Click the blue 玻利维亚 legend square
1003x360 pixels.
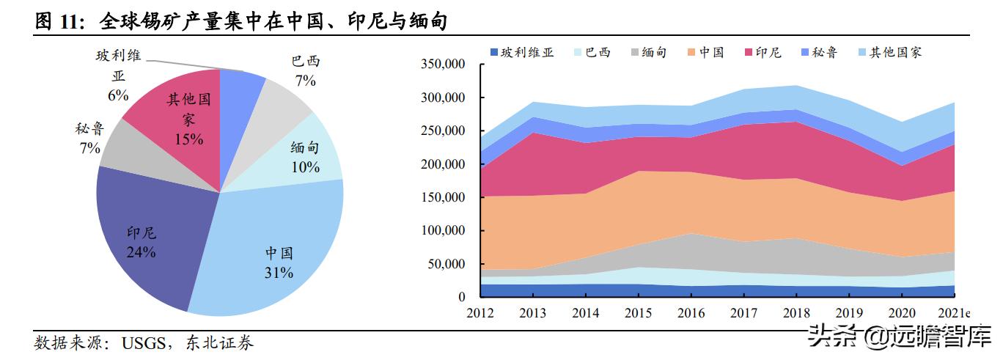[495, 52]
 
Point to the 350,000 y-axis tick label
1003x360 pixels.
[443, 65]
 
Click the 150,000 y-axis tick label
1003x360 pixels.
[443, 197]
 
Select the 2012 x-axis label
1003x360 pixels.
[480, 313]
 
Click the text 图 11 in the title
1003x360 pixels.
[56, 23]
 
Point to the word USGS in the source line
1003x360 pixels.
[146, 342]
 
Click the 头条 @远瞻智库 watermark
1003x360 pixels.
[899, 337]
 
